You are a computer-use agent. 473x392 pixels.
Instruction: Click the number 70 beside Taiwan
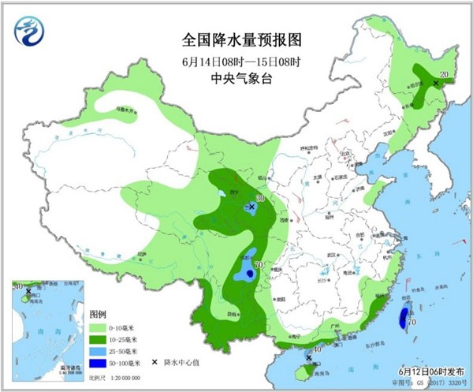tap(412, 322)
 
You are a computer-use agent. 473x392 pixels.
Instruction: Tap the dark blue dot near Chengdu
tap(249, 273)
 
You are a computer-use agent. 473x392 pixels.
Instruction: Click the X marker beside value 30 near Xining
tap(251, 207)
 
